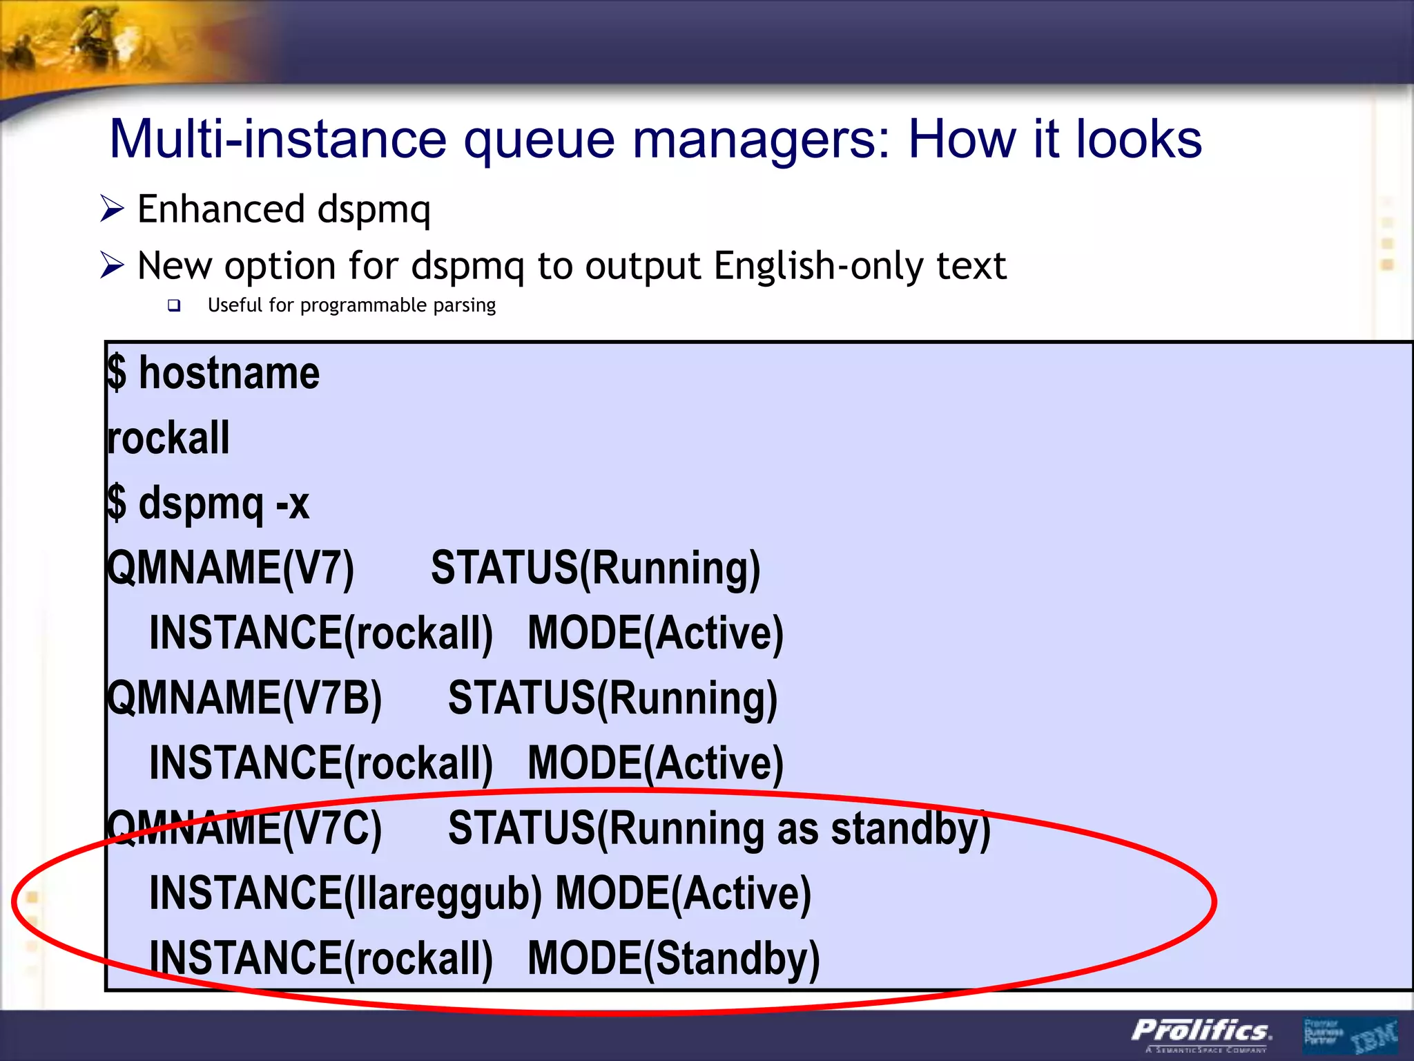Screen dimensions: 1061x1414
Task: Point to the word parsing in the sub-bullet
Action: [464, 305]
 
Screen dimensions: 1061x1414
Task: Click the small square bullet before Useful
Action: [174, 305]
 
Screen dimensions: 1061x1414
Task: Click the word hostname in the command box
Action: [229, 373]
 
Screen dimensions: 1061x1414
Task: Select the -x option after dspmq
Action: [292, 503]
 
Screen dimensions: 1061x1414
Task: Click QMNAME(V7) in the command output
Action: [231, 568]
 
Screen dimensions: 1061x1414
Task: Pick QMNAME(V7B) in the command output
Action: [244, 698]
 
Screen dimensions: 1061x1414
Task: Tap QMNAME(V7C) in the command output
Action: [244, 828]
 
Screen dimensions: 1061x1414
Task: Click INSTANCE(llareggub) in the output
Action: [345, 892]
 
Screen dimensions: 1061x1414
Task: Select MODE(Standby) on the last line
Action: [673, 958]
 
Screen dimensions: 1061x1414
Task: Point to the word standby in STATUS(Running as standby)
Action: [910, 828]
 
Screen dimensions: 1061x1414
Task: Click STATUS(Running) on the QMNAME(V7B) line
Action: [612, 698]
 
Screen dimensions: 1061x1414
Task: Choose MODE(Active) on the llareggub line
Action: [683, 892]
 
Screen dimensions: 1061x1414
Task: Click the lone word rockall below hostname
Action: [168, 438]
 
